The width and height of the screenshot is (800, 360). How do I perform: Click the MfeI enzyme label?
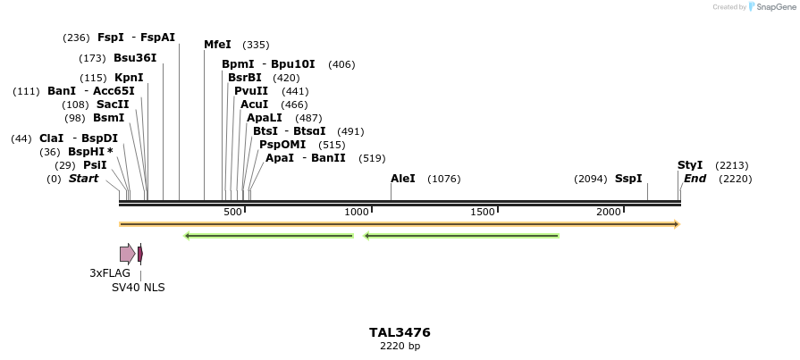(x=217, y=45)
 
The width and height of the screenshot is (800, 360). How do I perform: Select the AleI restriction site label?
(x=403, y=179)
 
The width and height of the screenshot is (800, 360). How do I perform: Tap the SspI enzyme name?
(x=628, y=179)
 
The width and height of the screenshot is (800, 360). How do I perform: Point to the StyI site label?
(x=690, y=165)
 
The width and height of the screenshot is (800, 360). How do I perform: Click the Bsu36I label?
(x=135, y=58)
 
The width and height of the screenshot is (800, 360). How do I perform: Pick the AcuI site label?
(x=254, y=105)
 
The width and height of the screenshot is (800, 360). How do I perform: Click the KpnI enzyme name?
(x=129, y=78)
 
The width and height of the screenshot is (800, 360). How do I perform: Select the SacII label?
(x=113, y=105)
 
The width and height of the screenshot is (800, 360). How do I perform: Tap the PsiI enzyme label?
(x=95, y=165)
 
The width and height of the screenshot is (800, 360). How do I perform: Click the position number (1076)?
(x=444, y=179)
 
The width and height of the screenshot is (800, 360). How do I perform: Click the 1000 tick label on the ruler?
(x=358, y=212)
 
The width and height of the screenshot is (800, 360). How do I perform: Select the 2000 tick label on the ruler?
(x=609, y=212)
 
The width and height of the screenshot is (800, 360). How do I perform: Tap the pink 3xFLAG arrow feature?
(x=127, y=254)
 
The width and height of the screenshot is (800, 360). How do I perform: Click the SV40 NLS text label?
(x=138, y=288)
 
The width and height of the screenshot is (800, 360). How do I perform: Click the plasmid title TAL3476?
(x=400, y=332)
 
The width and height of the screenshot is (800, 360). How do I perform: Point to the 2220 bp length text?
(x=400, y=346)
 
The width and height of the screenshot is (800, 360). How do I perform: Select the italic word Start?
(x=83, y=179)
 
